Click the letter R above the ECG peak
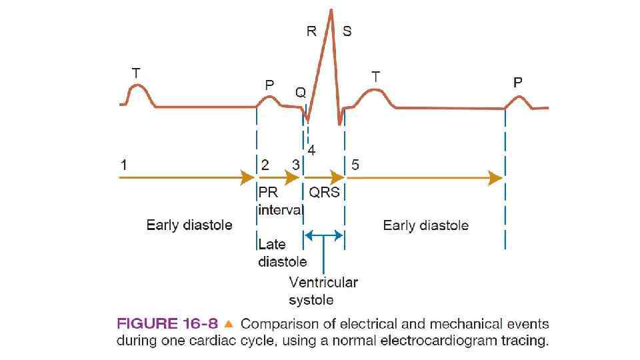[311, 31]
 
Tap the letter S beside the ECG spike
[347, 31]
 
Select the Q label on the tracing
[301, 93]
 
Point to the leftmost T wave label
[135, 73]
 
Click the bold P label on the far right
[518, 83]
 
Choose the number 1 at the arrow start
[123, 163]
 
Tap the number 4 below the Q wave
[311, 151]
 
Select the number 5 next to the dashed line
[355, 165]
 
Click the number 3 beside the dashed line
[295, 165]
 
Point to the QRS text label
[325, 193]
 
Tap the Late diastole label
[282, 253]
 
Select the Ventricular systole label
[323, 291]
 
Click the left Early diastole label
[189, 225]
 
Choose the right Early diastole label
[425, 225]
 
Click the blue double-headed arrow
[323, 235]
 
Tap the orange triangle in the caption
[229, 325]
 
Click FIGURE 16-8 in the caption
[167, 325]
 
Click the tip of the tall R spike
[331, 9]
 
